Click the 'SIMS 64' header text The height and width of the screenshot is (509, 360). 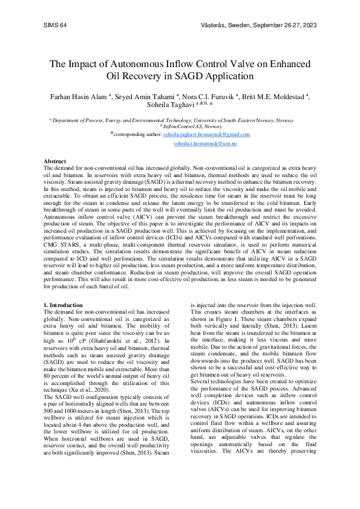[55, 25]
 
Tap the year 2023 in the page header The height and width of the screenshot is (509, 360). [309, 25]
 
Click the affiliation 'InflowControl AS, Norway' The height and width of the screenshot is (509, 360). [181, 126]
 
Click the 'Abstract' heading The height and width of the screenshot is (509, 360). [54, 161]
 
